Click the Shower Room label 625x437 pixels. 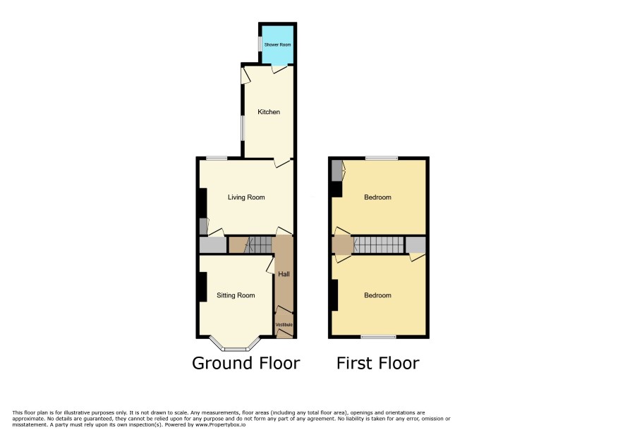tap(277, 44)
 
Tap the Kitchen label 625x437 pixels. tap(269, 112)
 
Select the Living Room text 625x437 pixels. tap(246, 197)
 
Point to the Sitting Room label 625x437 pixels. tap(236, 295)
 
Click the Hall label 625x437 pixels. tap(284, 274)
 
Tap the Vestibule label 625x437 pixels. tap(284, 325)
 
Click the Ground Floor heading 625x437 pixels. tap(246, 363)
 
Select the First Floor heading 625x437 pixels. tap(378, 363)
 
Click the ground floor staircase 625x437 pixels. tap(258, 245)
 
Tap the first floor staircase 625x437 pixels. tap(379, 245)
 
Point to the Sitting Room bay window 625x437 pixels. tap(236, 344)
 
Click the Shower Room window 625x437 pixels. tap(260, 44)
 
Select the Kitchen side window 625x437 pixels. tap(242, 128)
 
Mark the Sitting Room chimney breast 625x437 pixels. tap(202, 287)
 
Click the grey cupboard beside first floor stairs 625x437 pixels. tap(415, 245)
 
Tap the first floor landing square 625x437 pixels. tap(342, 245)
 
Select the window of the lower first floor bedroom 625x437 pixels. tap(379, 337)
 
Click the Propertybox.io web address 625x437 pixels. tap(220, 424)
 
